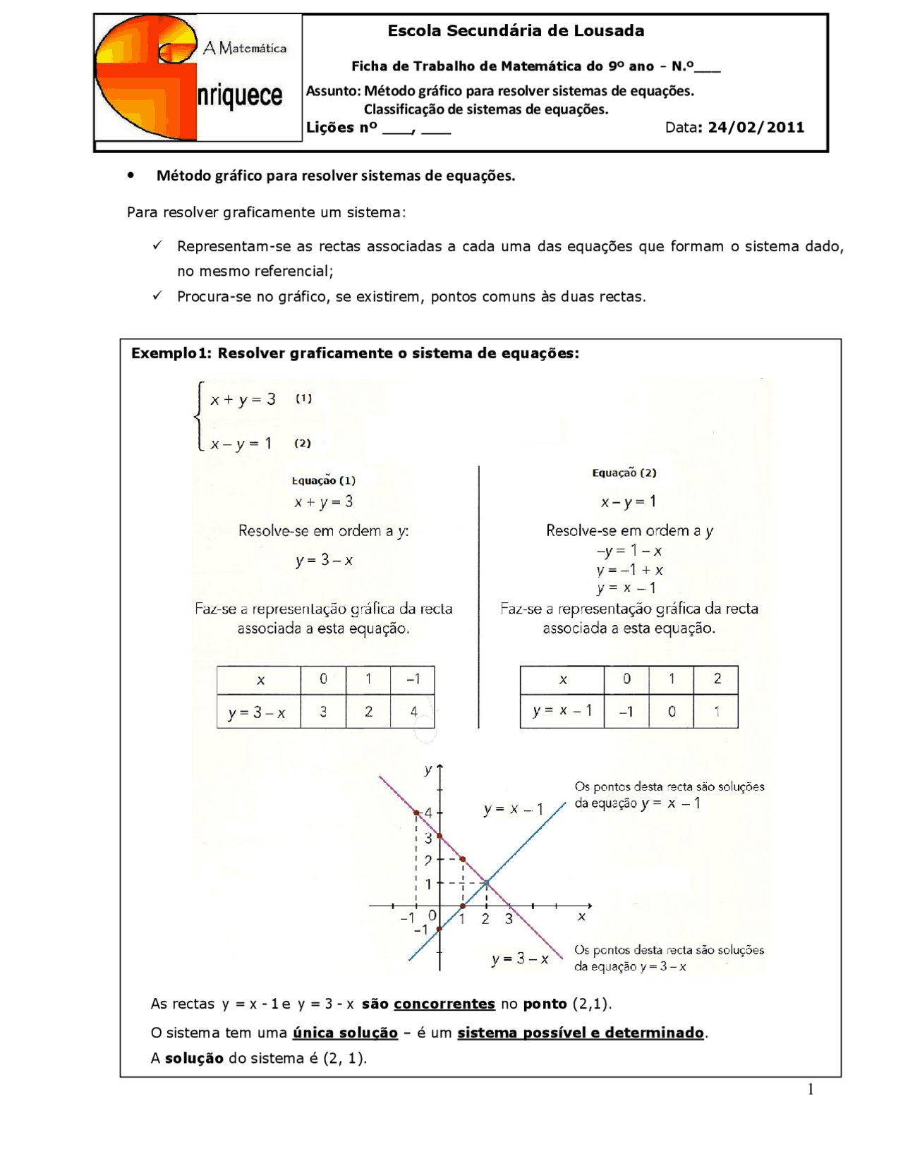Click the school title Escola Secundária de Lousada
tap(516, 31)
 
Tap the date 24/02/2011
tap(756, 128)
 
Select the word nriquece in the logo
tap(240, 96)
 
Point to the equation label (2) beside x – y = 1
tap(303, 443)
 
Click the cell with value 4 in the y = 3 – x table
tap(413, 712)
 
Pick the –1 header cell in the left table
tap(413, 679)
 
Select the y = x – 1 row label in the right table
tap(562, 711)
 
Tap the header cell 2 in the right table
tap(717, 679)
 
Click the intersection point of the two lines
tap(486, 882)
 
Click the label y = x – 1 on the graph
tap(514, 809)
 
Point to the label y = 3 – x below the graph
tap(520, 959)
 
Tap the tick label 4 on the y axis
tap(428, 813)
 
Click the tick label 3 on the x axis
tap(509, 919)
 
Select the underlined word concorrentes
tap(444, 1004)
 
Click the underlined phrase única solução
tap(346, 1033)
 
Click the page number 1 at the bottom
tap(811, 1090)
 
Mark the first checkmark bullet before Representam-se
tap(157, 245)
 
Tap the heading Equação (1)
tap(324, 480)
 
